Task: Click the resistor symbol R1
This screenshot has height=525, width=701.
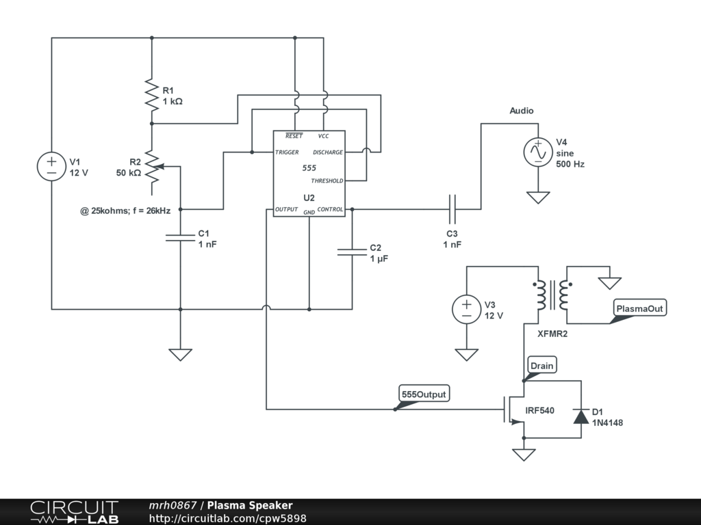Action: [151, 94]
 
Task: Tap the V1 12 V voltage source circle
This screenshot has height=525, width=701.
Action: [51, 167]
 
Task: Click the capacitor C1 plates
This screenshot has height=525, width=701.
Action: [180, 237]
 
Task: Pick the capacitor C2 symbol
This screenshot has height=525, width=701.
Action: [352, 252]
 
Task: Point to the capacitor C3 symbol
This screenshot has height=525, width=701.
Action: [452, 208]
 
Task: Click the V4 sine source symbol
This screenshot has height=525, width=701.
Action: [538, 152]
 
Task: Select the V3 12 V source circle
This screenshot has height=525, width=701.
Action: [466, 309]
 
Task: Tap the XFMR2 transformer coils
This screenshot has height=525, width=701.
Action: [550, 295]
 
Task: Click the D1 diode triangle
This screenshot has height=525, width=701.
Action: [581, 416]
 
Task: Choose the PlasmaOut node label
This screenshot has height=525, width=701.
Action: [639, 309]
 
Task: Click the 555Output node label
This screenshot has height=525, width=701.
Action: [424, 394]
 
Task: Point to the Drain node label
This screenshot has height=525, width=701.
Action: [541, 366]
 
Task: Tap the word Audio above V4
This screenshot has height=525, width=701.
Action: [522, 111]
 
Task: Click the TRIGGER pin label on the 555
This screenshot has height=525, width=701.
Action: [287, 152]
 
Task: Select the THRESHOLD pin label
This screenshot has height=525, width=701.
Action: [327, 181]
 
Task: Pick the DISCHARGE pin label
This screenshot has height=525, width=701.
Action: [328, 152]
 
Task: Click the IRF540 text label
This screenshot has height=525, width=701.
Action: [539, 411]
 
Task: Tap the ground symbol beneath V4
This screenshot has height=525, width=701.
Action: [538, 198]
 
